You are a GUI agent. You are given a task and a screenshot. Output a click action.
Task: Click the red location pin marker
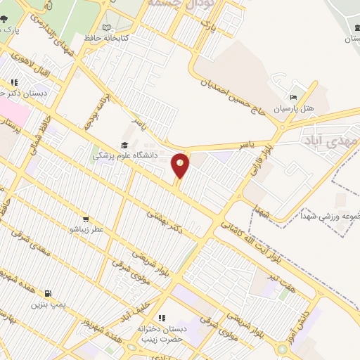click(x=181, y=165)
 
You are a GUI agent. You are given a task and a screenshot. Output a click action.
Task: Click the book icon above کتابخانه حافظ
click(x=107, y=27)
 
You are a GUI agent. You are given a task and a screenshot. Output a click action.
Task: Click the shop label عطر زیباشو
click(x=86, y=229)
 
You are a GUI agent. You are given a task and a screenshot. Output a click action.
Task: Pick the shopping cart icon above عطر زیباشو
click(x=86, y=219)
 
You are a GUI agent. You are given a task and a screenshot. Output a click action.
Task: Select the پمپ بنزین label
click(x=48, y=304)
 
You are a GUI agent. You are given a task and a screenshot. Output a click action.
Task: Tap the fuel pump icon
click(x=48, y=293)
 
